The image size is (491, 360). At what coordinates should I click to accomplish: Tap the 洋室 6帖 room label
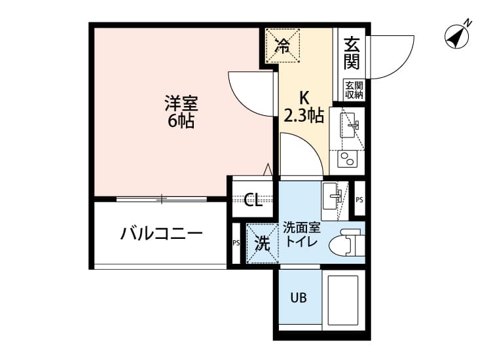click(180, 112)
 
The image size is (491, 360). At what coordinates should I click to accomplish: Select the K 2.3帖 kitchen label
click(304, 107)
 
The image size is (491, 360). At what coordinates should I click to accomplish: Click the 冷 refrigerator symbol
click(283, 45)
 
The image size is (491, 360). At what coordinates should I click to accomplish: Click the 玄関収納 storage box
click(354, 90)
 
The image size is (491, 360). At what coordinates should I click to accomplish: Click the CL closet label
click(253, 200)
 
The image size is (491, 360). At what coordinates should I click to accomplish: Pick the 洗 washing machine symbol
click(262, 243)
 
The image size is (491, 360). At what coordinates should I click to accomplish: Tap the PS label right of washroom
click(359, 200)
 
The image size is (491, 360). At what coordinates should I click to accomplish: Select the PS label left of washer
click(236, 243)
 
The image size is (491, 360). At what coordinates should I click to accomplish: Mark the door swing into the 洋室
click(249, 92)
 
